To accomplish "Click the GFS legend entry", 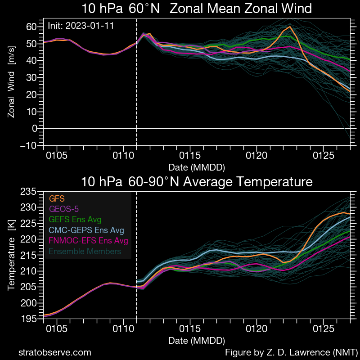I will [x=57, y=199].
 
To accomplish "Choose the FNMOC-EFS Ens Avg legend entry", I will [x=88, y=241].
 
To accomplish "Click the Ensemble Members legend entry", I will [x=85, y=251].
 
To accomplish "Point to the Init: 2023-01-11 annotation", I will [x=81, y=26].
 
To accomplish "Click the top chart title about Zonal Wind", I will [x=197, y=9].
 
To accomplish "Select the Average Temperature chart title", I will [x=197, y=182].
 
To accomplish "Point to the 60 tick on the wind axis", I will [x=31, y=26].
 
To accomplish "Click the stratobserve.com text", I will [x=54, y=352].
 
